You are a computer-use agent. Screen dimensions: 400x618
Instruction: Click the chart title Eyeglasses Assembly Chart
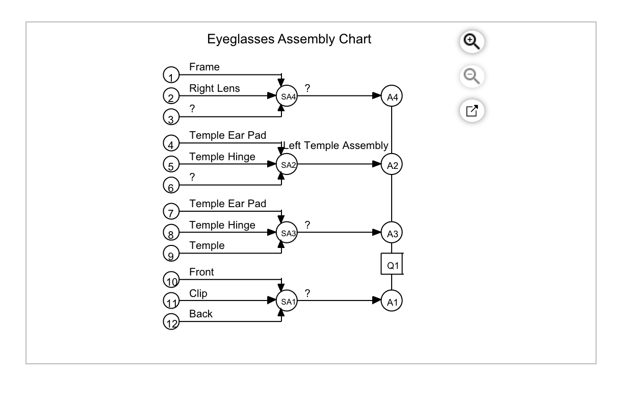coord(289,39)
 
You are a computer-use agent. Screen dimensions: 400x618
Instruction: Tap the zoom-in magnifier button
coord(472,42)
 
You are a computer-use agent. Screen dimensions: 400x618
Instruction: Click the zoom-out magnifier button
coord(472,77)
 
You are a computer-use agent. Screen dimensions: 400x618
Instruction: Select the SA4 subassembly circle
coord(286,96)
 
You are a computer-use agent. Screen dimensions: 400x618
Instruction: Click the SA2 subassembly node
coord(286,164)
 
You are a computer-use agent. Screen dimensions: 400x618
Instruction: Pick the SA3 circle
coord(286,233)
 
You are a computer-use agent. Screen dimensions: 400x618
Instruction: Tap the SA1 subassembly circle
coord(286,301)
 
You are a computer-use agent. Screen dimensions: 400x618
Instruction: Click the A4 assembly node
coord(392,96)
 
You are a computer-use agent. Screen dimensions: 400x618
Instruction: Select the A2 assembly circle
coord(392,164)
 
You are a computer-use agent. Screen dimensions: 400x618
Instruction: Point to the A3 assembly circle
coord(392,233)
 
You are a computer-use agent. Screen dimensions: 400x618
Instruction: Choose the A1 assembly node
coord(392,301)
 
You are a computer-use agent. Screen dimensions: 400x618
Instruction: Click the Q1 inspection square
coord(392,265)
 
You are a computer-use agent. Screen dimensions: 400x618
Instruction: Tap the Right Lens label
coord(214,88)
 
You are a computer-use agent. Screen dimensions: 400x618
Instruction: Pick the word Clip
coord(198,293)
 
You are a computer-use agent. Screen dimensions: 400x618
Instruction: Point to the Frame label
coord(204,67)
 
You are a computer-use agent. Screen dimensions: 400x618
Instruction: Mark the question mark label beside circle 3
coord(192,108)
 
